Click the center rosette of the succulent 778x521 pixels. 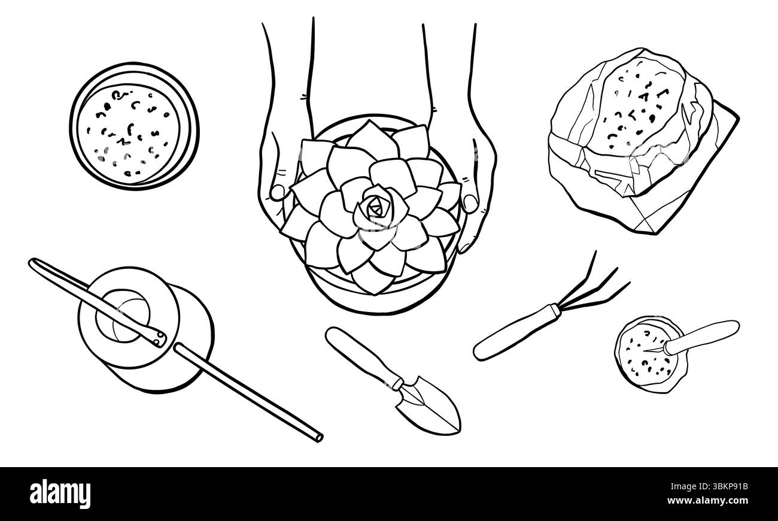click(x=375, y=207)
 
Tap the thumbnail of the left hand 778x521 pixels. click(x=278, y=192)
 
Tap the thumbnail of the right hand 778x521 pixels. click(x=470, y=203)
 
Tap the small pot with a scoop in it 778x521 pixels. click(x=649, y=355)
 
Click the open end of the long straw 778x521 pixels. click(x=318, y=436)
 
